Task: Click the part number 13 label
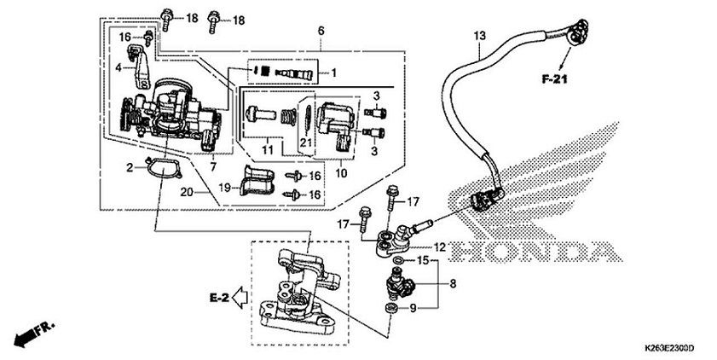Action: [479, 36]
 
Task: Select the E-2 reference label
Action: [220, 298]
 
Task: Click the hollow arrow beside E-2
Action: [240, 298]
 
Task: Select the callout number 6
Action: [321, 31]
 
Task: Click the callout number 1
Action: [334, 73]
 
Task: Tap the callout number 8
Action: [453, 282]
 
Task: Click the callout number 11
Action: [269, 150]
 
